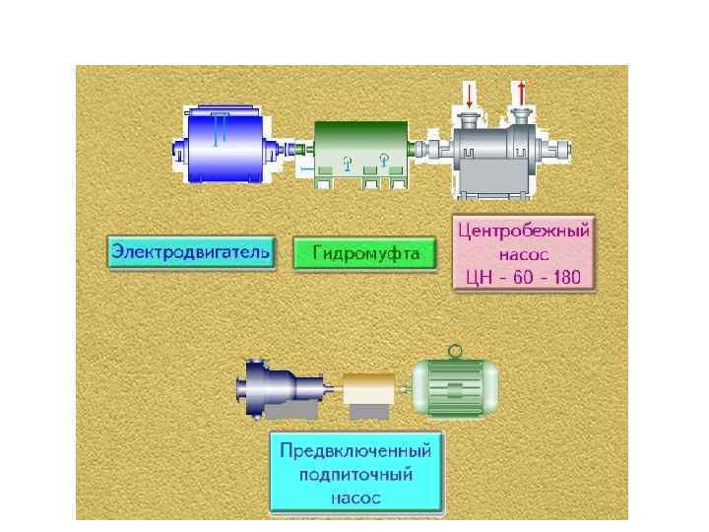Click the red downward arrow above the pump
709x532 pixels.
pos(470,96)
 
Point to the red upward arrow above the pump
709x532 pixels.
pos(521,96)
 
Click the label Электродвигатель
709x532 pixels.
pos(189,252)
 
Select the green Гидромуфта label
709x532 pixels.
pos(365,253)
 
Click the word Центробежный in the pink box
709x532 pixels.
pos(524,232)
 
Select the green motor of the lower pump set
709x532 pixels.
pos(455,385)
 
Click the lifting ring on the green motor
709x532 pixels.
pos(455,351)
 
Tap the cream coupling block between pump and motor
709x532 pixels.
pos(367,389)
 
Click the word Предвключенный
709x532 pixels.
pos(356,452)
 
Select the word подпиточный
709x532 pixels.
pos(356,475)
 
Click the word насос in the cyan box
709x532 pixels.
pos(356,498)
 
